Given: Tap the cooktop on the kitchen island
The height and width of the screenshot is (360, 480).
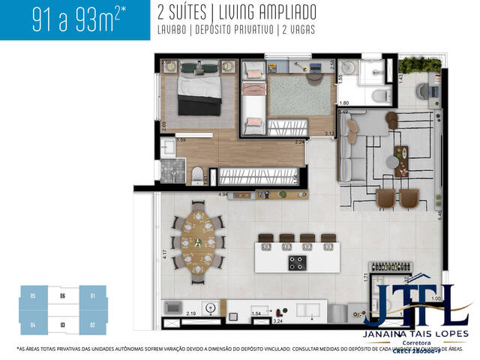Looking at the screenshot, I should point(297,262).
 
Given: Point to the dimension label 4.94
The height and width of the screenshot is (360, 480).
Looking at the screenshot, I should point(223,195).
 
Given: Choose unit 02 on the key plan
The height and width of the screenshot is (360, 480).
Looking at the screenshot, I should point(91,325).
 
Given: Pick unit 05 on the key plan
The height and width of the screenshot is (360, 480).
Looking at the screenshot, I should point(33,296).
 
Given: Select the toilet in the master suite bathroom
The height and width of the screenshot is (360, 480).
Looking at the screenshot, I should point(197,175).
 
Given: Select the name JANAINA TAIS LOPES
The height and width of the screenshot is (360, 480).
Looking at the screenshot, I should point(415,333).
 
